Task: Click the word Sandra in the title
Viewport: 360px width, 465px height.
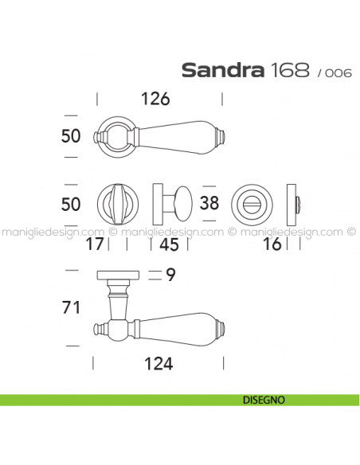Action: [222, 70]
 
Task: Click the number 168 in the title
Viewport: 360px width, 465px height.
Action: [290, 70]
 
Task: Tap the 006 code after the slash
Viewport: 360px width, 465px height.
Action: [338, 72]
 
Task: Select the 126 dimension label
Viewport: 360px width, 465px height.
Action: [155, 99]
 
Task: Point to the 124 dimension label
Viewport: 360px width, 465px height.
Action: [158, 364]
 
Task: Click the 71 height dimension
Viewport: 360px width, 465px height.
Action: [71, 307]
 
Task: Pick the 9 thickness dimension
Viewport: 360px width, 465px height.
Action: [170, 275]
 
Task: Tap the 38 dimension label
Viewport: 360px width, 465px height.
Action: [209, 203]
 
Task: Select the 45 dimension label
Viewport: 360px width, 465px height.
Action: [170, 244]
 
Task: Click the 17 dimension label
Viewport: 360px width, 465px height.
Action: [95, 244]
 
